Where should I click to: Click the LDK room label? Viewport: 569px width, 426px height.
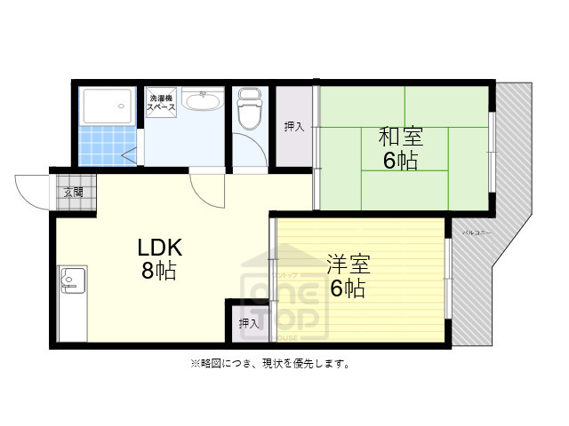coord(160,246)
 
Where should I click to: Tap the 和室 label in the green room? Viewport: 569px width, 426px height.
coord(401,138)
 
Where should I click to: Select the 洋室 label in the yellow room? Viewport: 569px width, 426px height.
coord(348,264)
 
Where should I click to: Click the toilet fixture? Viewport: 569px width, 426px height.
coord(249,109)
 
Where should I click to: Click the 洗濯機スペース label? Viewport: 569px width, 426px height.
coord(162,101)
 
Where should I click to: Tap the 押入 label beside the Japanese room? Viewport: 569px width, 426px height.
coord(294,126)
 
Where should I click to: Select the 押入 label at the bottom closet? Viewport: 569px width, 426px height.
coord(249,324)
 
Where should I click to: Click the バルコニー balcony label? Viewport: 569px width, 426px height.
coord(477,233)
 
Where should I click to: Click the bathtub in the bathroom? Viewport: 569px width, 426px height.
coord(107,106)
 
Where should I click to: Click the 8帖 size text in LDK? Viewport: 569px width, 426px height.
coord(159,270)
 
